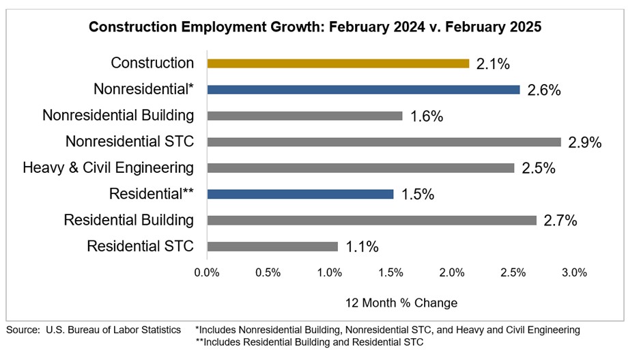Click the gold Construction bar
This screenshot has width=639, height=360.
[338, 64]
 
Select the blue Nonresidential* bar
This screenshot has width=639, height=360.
[363, 89]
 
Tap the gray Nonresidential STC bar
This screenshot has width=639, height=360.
[384, 142]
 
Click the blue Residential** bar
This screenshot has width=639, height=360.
[300, 194]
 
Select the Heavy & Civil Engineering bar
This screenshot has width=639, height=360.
[360, 168]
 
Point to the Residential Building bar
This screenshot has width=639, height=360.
[371, 220]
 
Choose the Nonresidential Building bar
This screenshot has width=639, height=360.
[304, 116]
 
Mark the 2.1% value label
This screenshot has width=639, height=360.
[494, 64]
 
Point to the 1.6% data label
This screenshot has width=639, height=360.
[427, 117]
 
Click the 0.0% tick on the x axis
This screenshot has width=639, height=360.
[207, 273]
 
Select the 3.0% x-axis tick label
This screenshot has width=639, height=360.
[574, 273]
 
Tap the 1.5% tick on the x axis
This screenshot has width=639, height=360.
[390, 273]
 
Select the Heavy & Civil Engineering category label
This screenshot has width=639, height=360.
[108, 168]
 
